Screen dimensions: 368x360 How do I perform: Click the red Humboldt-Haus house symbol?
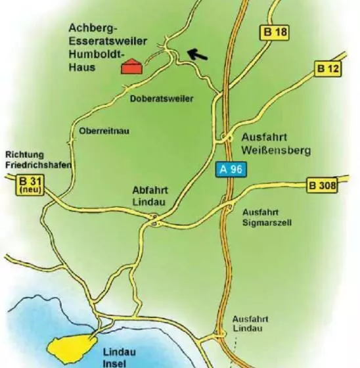click(x=131, y=66)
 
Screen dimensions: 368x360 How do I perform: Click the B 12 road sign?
click(x=330, y=68)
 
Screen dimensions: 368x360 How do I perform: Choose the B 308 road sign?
click(x=323, y=186)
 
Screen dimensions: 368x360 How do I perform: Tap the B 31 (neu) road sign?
click(x=28, y=185)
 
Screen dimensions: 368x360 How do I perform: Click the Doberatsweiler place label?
click(x=162, y=99)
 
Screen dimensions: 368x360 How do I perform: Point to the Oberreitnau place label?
click(x=104, y=131)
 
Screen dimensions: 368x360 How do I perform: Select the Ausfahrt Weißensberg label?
click(x=275, y=144)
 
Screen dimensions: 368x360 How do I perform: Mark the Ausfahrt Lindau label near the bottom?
click(x=248, y=323)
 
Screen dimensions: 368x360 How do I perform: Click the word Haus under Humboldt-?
click(x=84, y=68)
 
